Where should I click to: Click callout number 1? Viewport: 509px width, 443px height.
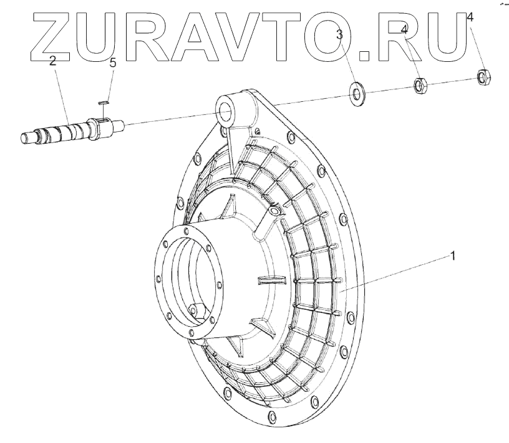click(453, 256)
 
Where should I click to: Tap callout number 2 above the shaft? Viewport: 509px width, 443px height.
click(52, 61)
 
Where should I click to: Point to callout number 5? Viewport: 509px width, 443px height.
click(113, 62)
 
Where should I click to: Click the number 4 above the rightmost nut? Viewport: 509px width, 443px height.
click(470, 17)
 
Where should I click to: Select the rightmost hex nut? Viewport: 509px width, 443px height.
click(484, 77)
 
